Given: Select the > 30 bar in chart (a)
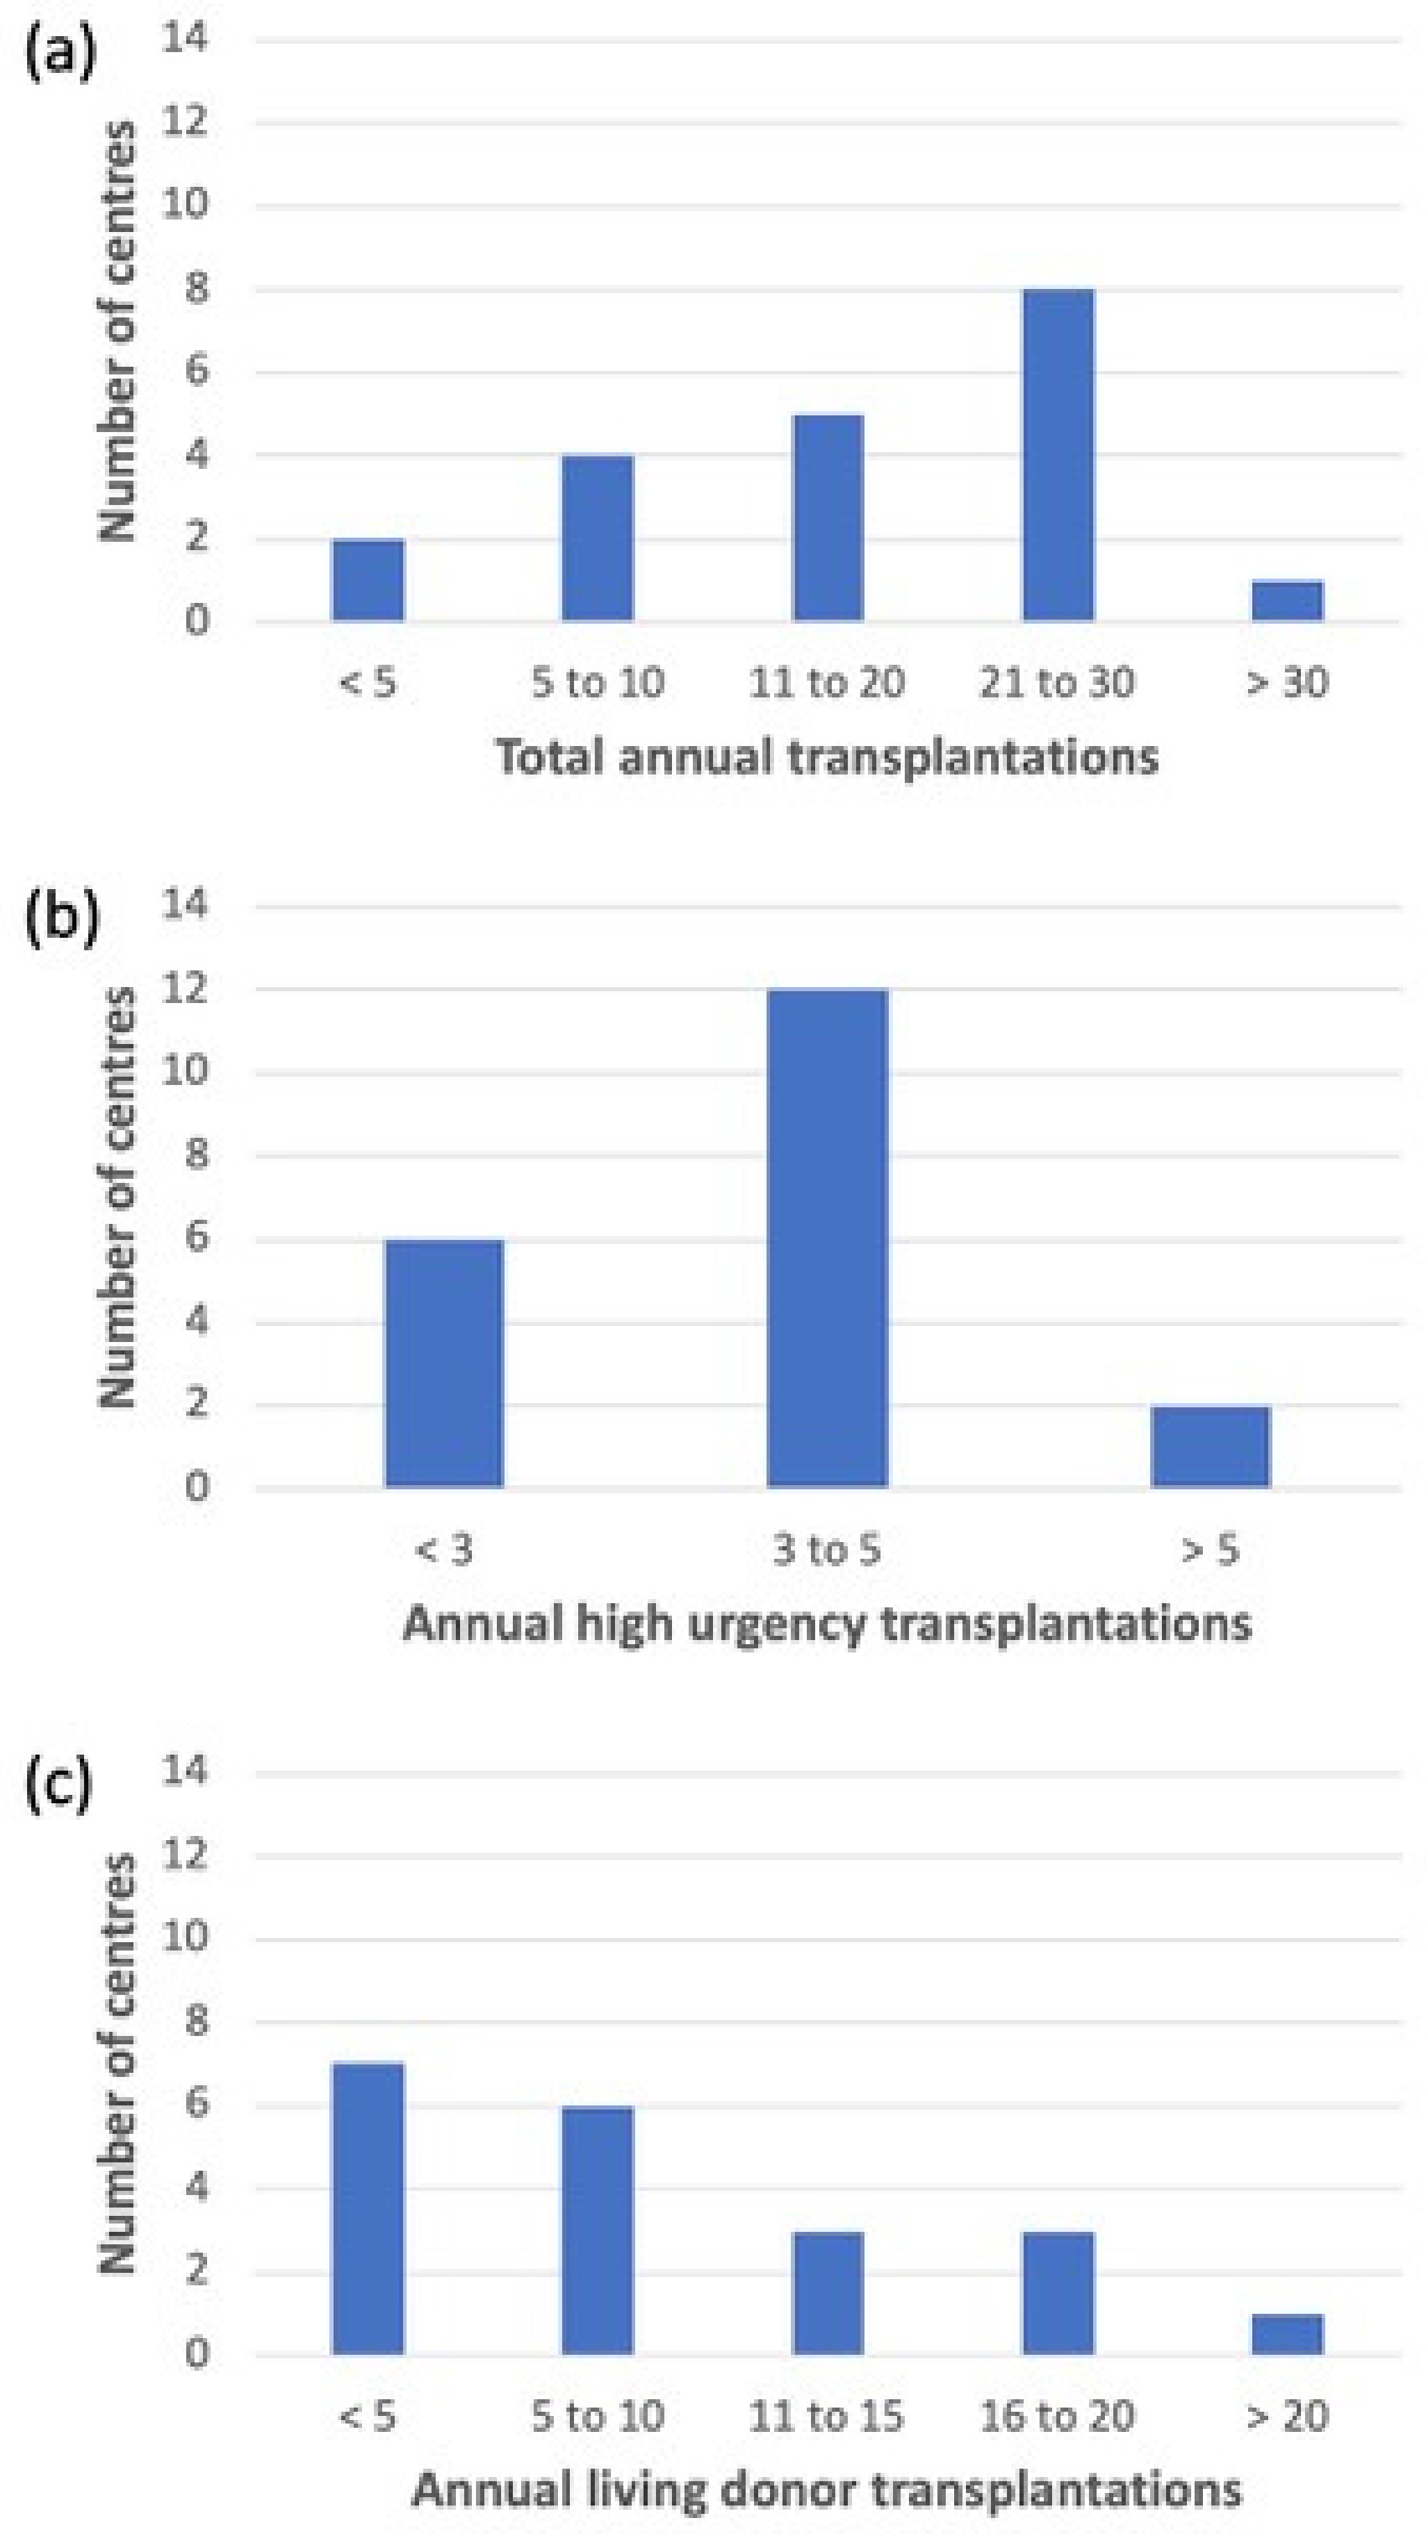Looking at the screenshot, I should click(1287, 601).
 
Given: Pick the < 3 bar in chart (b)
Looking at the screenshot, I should click(444, 1364).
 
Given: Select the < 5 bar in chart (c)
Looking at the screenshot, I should click(368, 2208).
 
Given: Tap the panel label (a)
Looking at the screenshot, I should click(61, 54).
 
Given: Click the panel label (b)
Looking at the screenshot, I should click(61, 920).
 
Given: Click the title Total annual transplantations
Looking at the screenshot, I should click(827, 757).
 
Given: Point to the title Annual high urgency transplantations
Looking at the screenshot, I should click(827, 1623).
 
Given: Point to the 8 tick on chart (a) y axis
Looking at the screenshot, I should click(196, 290).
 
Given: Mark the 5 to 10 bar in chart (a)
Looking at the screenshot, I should click(598, 538).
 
